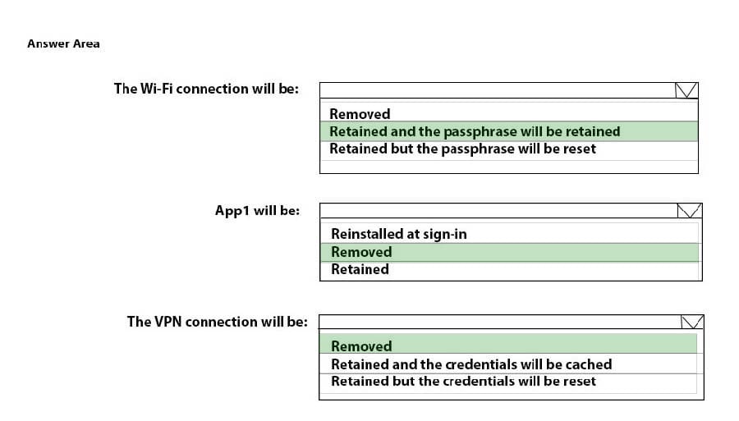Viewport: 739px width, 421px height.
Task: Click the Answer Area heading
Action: tap(63, 43)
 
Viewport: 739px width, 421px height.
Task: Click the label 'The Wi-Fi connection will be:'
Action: tap(206, 89)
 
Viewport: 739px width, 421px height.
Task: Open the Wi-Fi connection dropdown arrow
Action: tap(686, 90)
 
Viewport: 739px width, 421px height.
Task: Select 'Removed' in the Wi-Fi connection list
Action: tap(360, 114)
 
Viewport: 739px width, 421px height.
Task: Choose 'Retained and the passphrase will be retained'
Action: tap(475, 131)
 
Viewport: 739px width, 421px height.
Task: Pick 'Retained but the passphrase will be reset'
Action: tap(462, 149)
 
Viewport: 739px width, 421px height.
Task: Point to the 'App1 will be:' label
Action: tap(257, 210)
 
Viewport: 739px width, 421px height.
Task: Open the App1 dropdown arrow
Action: tap(689, 210)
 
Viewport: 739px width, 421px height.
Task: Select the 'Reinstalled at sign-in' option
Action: tap(399, 234)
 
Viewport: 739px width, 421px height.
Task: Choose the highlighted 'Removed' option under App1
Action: tap(361, 252)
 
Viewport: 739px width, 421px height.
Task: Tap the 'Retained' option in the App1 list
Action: tap(360, 269)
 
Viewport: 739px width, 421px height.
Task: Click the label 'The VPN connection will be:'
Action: tap(218, 322)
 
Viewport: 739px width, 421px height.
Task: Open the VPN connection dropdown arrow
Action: tap(692, 322)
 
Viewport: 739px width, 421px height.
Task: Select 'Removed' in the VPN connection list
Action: tap(361, 346)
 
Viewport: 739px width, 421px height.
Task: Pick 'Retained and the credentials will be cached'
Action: tap(471, 364)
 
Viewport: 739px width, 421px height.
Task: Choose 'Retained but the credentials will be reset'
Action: tap(463, 381)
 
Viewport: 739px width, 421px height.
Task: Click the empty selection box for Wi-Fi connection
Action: tap(498, 90)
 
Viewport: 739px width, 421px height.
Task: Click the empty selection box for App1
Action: tap(498, 210)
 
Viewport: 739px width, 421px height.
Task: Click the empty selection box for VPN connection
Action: tap(500, 322)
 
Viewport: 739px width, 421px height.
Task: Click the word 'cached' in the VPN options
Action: tap(589, 364)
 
